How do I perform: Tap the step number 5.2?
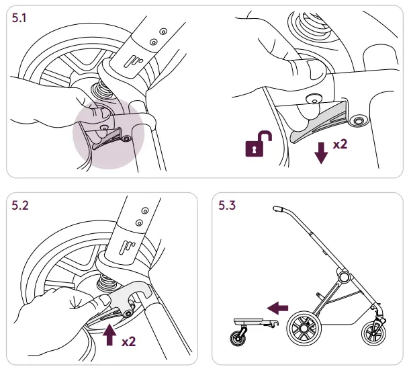(x=21, y=207)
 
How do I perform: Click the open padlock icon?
(x=259, y=145)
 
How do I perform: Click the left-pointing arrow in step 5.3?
(x=277, y=307)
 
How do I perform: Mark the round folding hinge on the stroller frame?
(x=344, y=277)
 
